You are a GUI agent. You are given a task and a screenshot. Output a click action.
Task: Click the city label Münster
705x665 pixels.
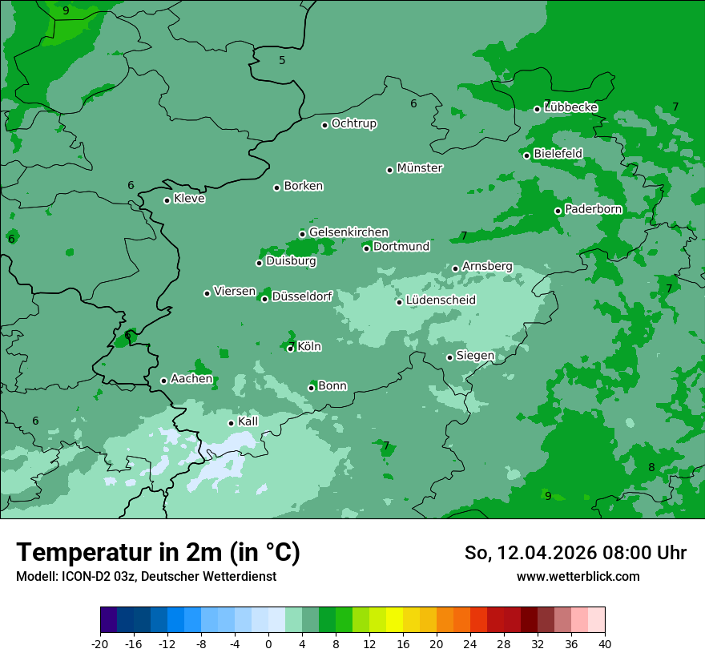click(420, 168)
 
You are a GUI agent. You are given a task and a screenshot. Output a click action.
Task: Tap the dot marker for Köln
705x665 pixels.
click(291, 349)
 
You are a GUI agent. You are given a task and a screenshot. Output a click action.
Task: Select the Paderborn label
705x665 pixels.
click(593, 210)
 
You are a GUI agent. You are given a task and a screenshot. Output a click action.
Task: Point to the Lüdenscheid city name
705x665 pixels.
click(441, 300)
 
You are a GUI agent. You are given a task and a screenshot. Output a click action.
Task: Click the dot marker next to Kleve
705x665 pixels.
click(167, 200)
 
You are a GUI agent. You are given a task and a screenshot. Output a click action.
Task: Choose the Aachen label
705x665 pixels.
click(191, 379)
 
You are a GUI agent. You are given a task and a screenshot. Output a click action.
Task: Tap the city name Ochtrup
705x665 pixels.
click(353, 123)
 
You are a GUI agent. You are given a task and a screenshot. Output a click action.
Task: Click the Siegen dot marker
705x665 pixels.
click(450, 357)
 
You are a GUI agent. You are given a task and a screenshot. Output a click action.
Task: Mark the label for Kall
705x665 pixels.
click(248, 421)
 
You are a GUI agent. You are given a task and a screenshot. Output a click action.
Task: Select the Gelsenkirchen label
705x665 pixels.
click(348, 232)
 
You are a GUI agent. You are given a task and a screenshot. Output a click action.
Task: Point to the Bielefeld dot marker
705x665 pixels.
click(527, 155)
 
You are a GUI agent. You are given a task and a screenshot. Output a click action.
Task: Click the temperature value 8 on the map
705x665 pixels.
click(651, 468)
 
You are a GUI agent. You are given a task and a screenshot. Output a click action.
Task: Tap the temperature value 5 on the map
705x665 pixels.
click(282, 61)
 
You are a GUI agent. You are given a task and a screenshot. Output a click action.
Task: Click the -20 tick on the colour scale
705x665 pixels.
click(100, 644)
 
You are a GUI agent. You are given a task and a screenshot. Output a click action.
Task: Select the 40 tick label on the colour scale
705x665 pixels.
click(605, 644)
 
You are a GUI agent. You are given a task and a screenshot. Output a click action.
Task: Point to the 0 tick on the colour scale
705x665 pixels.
click(268, 644)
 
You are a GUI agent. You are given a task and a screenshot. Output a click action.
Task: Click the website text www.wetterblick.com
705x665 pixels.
click(578, 577)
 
